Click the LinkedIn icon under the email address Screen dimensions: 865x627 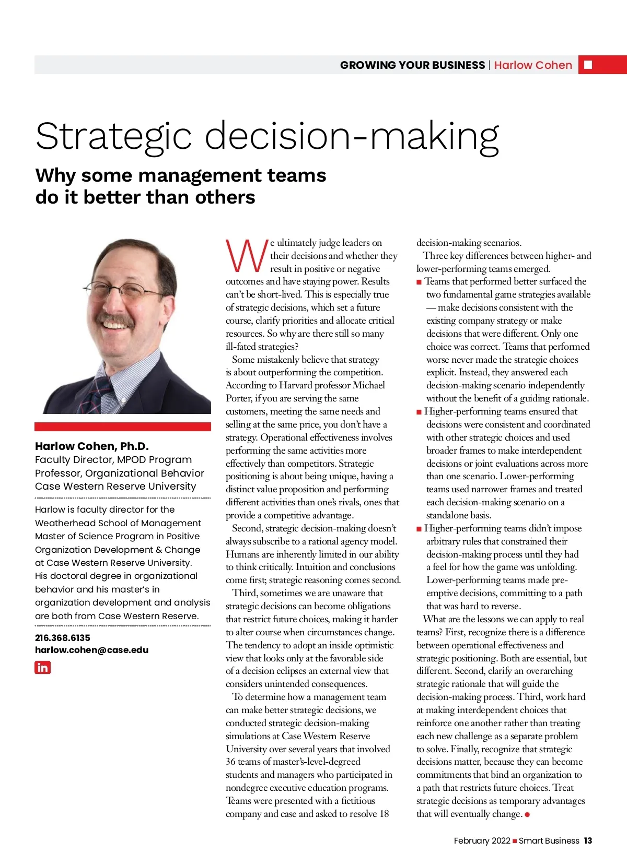pos(42,667)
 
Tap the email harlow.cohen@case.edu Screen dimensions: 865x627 pos(91,650)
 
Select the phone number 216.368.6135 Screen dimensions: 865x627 pos(62,637)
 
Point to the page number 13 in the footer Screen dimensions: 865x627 pos(588,840)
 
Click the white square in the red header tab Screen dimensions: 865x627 pos(588,65)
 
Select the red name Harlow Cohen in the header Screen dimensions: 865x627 pos(533,65)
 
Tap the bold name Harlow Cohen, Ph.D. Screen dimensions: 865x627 pos(91,446)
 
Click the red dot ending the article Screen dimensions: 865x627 pos(528,814)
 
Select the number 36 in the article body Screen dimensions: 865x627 pos(230,762)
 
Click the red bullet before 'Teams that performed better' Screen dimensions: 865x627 pos(419,282)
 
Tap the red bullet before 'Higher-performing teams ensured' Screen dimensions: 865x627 pos(419,412)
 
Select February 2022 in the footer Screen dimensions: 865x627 pos(482,840)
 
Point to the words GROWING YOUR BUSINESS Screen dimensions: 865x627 pos(412,65)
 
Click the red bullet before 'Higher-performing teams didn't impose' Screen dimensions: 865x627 pos(419,529)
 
